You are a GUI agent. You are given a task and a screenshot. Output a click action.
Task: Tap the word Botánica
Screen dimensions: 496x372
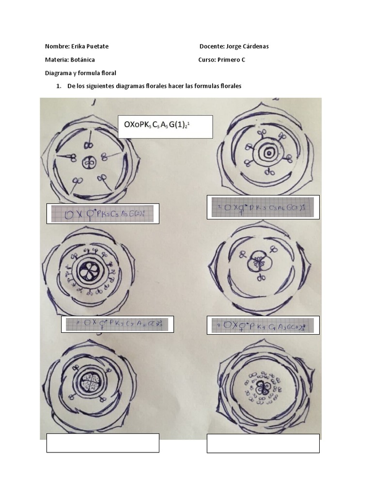[x=82, y=60]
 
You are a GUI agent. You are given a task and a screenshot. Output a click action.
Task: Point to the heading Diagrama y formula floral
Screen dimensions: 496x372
[x=80, y=73]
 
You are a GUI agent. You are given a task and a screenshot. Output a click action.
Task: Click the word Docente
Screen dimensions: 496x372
[x=212, y=46]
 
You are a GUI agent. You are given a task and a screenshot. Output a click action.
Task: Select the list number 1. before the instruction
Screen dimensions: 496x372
[x=59, y=86]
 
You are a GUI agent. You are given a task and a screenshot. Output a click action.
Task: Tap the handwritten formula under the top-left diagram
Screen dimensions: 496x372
[x=102, y=214]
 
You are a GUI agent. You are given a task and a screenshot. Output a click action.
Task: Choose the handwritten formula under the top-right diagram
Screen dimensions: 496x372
[x=263, y=207]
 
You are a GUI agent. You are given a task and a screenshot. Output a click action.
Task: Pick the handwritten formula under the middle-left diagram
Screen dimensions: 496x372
[x=117, y=324]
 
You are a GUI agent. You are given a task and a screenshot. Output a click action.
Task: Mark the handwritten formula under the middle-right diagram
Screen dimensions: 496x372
[x=263, y=325]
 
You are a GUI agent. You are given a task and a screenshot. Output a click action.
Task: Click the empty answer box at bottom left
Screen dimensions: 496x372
[x=103, y=443]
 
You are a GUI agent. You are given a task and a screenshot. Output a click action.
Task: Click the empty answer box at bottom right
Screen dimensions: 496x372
[x=263, y=443]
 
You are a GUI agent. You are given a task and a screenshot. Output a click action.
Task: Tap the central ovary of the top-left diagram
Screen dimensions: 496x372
[x=89, y=163]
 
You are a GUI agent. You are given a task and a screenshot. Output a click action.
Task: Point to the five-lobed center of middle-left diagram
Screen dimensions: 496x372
[x=90, y=271]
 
